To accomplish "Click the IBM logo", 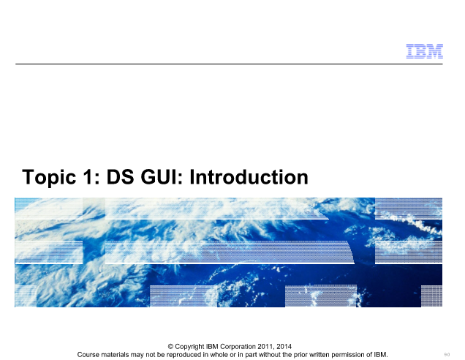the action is (424, 51).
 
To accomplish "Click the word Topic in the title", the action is (49, 178).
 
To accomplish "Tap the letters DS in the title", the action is (120, 177).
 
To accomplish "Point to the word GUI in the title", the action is (162, 177).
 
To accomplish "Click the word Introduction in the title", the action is (249, 177).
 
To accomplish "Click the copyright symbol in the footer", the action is (170, 347).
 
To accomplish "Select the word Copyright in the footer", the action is (189, 347).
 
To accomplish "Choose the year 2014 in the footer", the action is (284, 347).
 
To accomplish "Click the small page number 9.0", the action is (447, 355).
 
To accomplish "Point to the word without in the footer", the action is (271, 355).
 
